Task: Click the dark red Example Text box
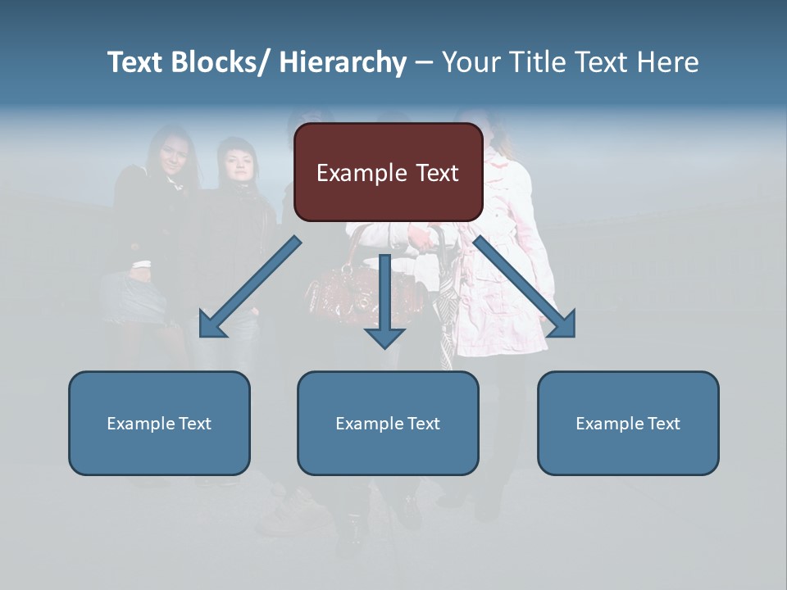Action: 388,172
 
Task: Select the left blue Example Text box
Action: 159,423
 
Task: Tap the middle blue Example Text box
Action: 388,423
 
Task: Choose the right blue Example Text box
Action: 628,423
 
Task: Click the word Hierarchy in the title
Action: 343,62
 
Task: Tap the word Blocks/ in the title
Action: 221,62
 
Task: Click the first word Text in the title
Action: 136,62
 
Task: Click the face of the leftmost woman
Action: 174,152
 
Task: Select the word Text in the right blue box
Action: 662,424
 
